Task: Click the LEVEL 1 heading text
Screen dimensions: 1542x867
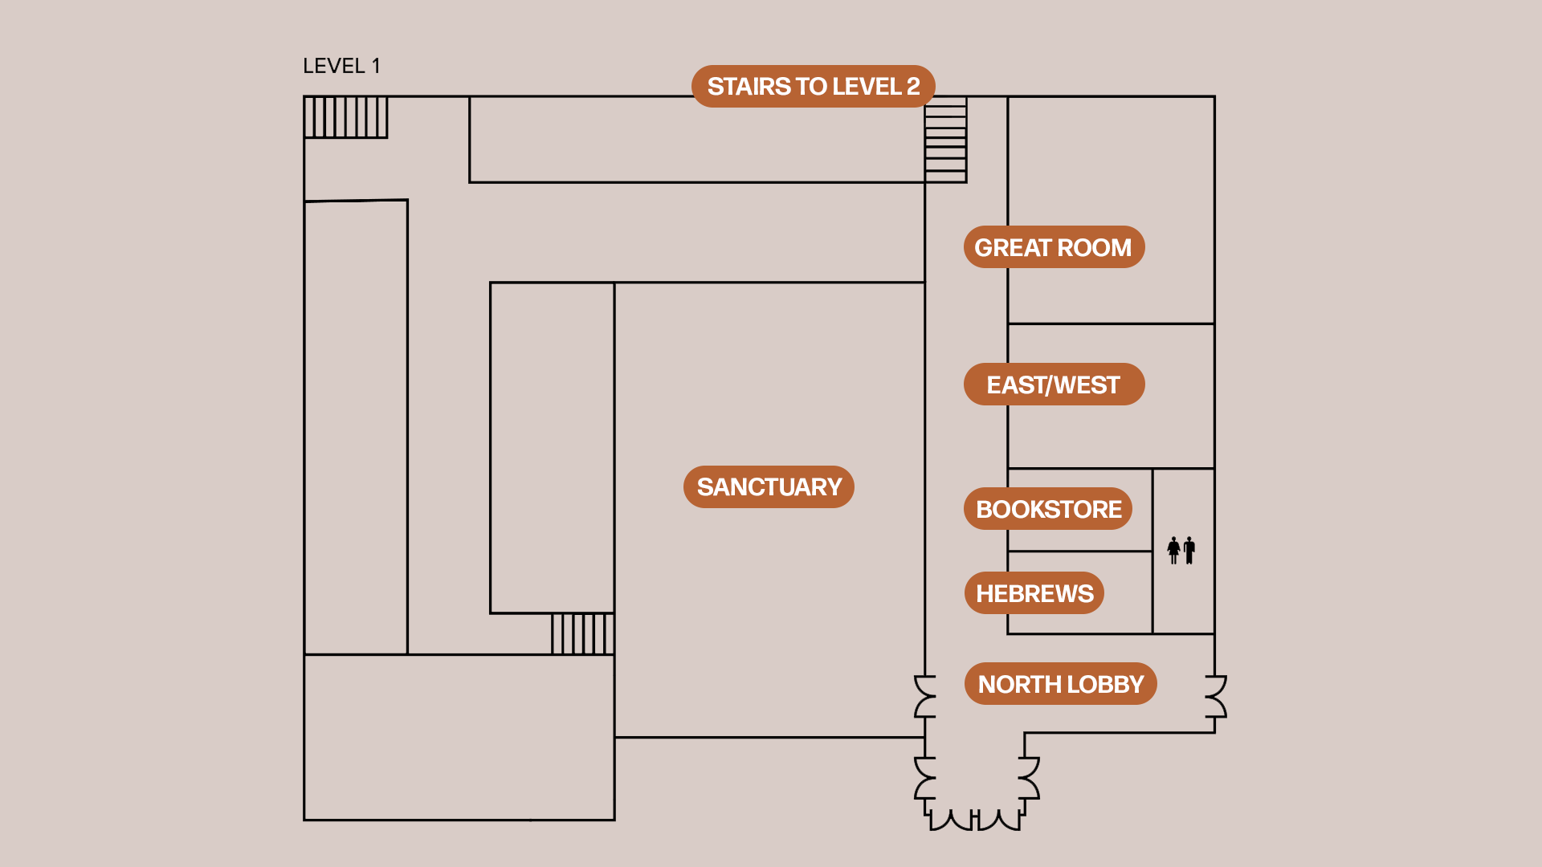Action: [341, 66]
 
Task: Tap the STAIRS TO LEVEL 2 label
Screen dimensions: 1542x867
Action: [814, 86]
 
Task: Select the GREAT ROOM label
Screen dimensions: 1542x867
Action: [1054, 247]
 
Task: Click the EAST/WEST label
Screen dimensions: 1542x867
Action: [1054, 385]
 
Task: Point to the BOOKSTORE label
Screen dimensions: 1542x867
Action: [1048, 509]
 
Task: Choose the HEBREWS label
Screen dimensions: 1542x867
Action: [1034, 593]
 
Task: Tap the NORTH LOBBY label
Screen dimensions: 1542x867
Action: [1061, 684]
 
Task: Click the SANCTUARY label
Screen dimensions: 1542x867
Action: [769, 487]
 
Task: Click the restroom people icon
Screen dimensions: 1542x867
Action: [1181, 551]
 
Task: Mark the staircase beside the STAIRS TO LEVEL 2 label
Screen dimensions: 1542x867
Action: [946, 140]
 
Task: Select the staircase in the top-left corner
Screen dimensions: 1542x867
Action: [346, 117]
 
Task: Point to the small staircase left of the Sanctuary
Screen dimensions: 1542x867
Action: [583, 634]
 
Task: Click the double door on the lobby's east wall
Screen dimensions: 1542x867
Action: [1217, 696]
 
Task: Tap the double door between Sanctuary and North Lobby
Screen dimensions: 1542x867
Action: [924, 696]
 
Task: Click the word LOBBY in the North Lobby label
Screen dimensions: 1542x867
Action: [1106, 684]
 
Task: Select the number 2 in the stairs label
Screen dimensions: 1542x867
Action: [913, 86]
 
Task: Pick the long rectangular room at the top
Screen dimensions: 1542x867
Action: [697, 140]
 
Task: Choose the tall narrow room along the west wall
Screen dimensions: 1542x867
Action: [356, 427]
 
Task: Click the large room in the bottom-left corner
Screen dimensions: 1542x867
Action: [459, 738]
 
